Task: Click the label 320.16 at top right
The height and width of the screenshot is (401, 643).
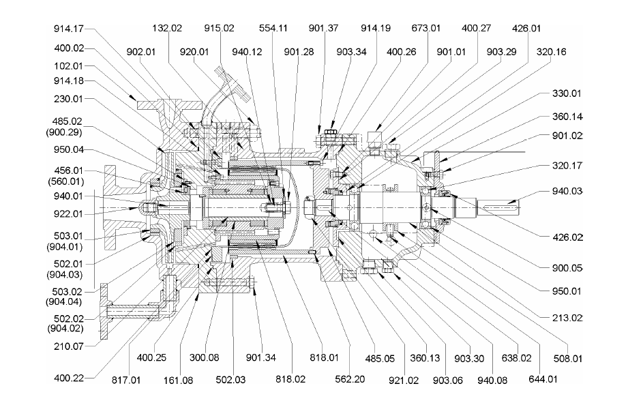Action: [x=552, y=51]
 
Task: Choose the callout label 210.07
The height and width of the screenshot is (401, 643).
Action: [x=69, y=346]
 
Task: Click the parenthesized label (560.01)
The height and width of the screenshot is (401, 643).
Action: [x=69, y=181]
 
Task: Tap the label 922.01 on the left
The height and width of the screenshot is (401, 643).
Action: [x=69, y=213]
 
